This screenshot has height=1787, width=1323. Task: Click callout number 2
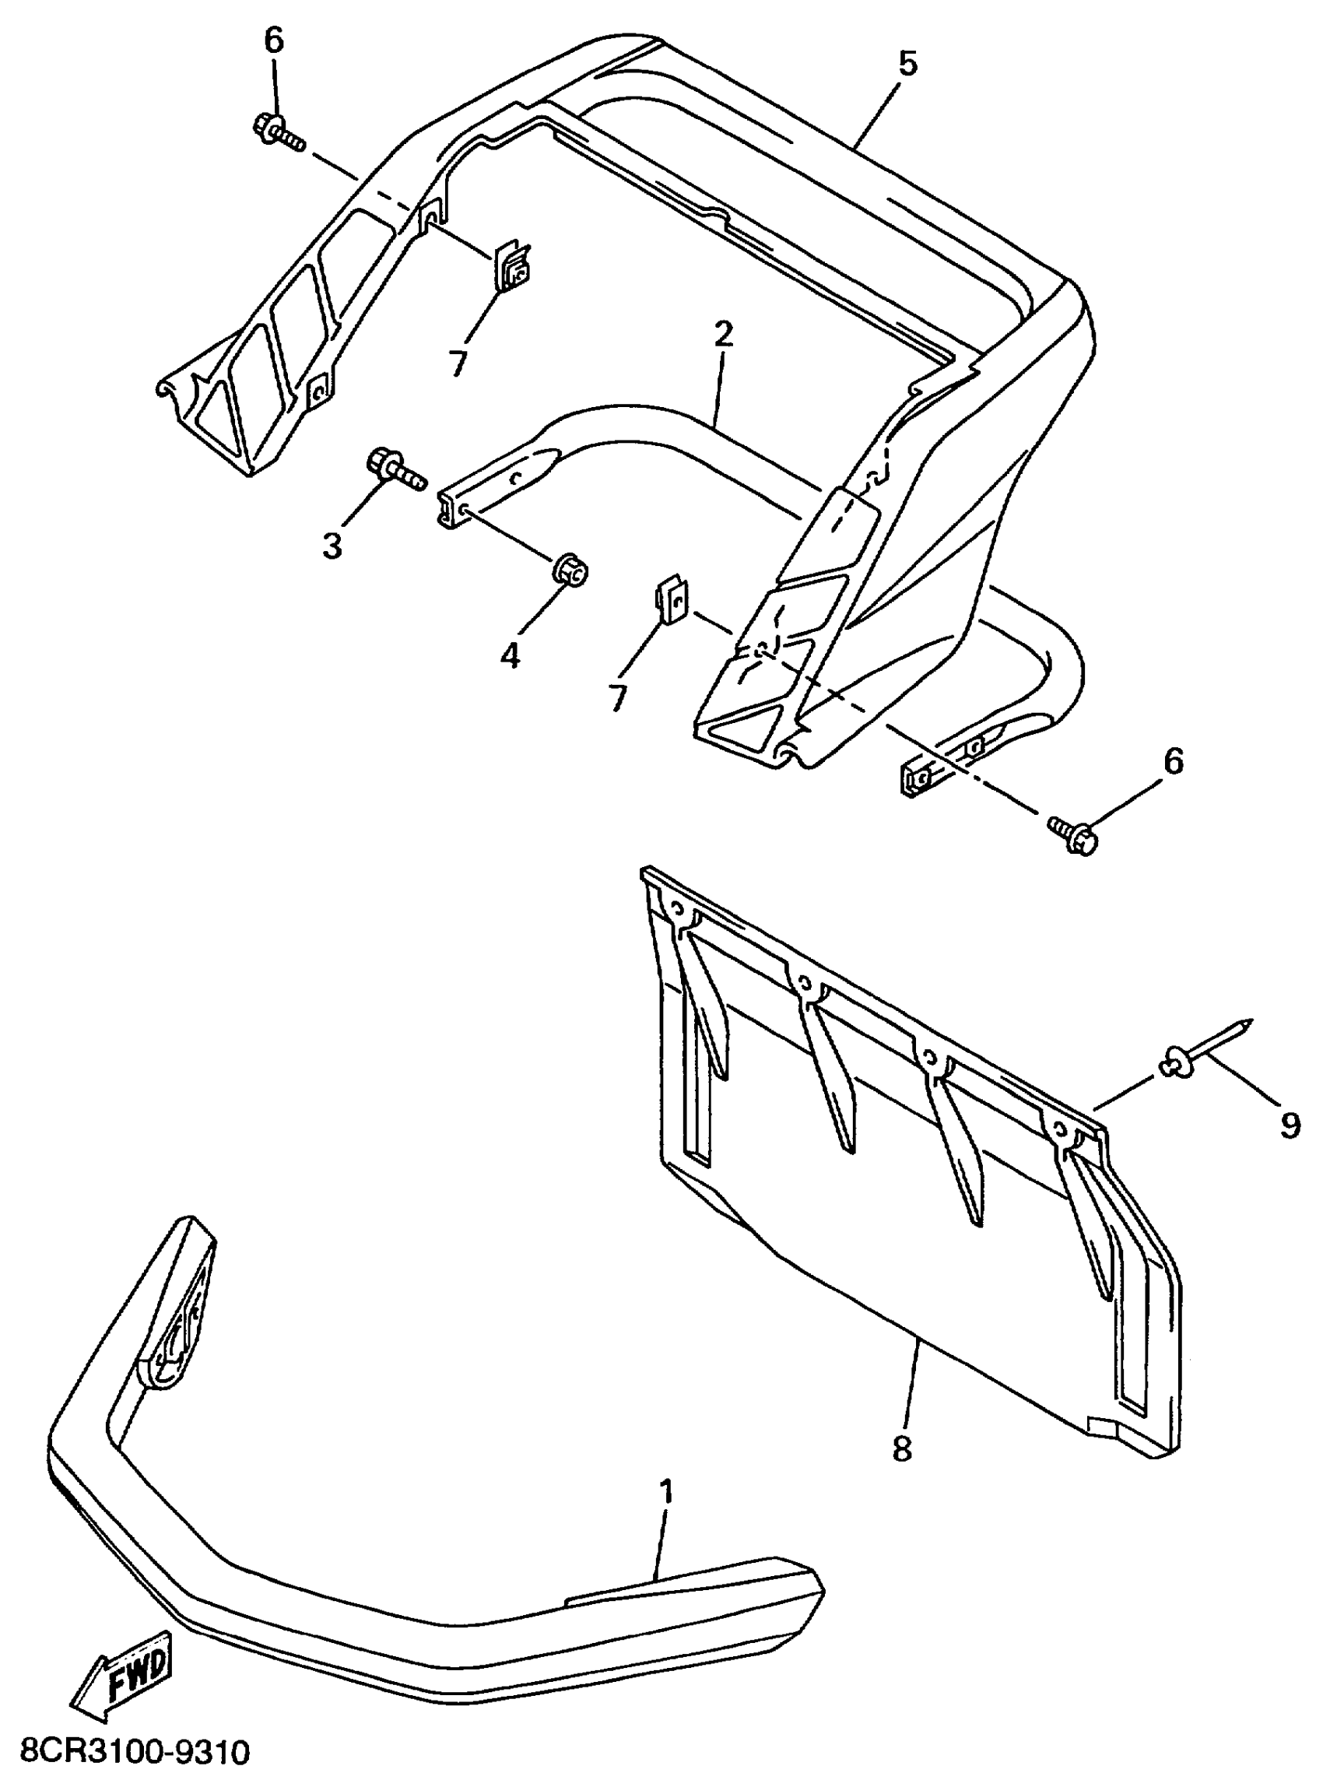(723, 335)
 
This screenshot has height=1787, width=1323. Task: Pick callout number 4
(511, 655)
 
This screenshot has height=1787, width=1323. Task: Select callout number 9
(1290, 1125)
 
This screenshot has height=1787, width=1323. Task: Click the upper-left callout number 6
(274, 40)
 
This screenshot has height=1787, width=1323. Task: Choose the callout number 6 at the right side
(1173, 761)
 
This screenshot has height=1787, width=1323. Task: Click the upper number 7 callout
(458, 364)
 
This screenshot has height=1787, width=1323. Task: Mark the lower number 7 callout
(617, 698)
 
